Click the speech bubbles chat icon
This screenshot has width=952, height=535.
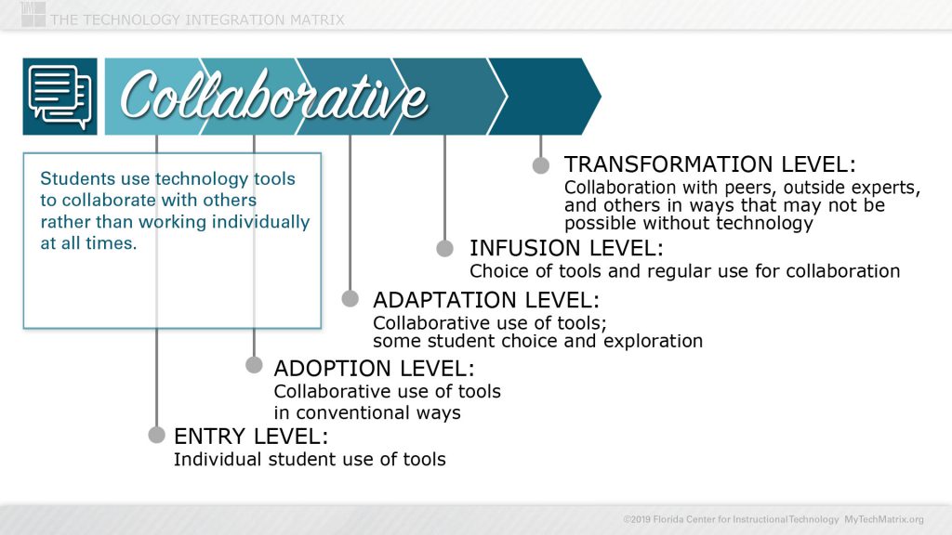click(59, 97)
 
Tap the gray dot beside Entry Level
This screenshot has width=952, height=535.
click(156, 435)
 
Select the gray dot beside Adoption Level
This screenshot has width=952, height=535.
click(254, 365)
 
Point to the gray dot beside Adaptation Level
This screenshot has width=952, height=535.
click(350, 298)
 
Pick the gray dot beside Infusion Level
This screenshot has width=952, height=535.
click(444, 248)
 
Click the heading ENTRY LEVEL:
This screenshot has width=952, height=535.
click(251, 436)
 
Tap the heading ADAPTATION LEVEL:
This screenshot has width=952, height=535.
click(486, 300)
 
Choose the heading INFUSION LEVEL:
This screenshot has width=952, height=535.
click(566, 248)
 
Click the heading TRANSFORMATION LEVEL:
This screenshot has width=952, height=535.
click(709, 164)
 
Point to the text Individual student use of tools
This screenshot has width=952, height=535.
click(310, 459)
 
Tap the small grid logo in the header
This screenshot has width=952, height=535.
click(33, 14)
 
